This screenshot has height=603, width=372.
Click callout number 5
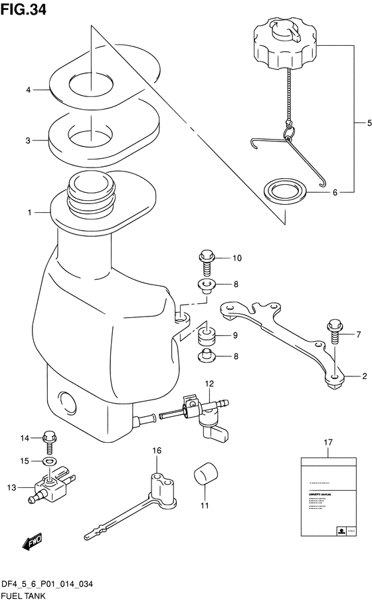(x=359, y=123)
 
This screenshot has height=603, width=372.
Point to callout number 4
(x=29, y=90)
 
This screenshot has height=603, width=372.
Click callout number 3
(x=29, y=141)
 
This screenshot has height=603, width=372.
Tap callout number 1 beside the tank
(x=30, y=213)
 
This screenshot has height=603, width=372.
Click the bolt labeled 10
(x=205, y=263)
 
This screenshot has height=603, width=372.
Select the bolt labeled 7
(x=333, y=334)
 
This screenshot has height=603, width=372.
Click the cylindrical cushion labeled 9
(x=207, y=336)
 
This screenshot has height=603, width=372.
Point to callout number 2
(x=364, y=377)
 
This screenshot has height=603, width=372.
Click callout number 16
(x=157, y=451)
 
